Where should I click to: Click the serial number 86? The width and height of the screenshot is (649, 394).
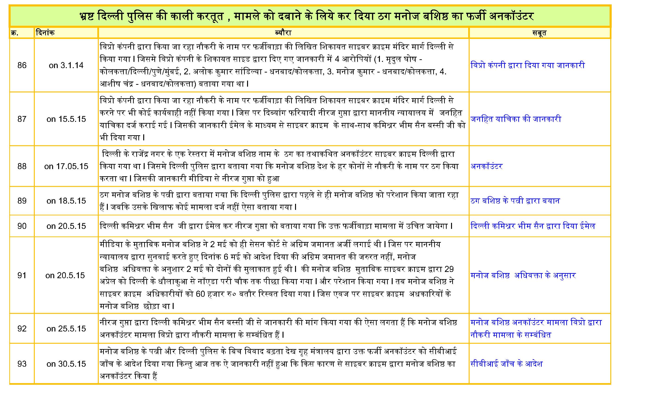[22, 65]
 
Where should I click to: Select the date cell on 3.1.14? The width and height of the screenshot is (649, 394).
[66, 65]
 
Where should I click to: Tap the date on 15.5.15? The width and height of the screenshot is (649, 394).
[66, 119]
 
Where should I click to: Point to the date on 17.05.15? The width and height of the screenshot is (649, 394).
[66, 166]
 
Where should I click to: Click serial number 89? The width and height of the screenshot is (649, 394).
[22, 201]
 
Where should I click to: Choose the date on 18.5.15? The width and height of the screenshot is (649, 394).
[66, 201]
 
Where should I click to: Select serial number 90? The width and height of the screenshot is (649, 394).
[22, 226]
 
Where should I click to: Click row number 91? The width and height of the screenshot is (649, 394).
[22, 275]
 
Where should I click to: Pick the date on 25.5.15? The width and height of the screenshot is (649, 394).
[66, 328]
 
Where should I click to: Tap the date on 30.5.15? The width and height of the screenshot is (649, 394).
[66, 364]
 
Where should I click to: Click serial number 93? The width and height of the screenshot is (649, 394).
[22, 364]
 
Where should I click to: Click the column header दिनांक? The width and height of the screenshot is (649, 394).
[45, 33]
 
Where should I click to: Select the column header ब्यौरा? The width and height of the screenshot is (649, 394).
[283, 33]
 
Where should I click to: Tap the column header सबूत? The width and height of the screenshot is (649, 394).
[539, 33]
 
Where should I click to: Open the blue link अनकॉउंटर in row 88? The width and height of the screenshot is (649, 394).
[487, 166]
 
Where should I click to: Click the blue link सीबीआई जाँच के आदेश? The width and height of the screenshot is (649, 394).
[506, 364]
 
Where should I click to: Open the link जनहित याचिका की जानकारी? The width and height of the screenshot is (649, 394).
[516, 119]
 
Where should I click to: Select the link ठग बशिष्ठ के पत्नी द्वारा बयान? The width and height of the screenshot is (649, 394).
[515, 201]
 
